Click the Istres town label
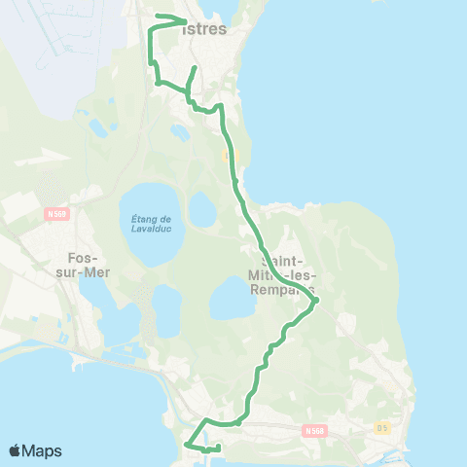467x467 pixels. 205,29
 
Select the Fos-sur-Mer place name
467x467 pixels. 86,266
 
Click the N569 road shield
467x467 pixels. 56,209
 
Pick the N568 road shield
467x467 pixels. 312,429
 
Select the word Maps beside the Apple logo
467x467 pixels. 44,450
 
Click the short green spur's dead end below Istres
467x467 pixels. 196,68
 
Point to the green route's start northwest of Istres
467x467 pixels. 158,16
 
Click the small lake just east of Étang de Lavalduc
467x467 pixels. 201,208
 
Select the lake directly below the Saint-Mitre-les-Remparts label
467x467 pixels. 233,300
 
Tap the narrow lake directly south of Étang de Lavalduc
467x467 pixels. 166,311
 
